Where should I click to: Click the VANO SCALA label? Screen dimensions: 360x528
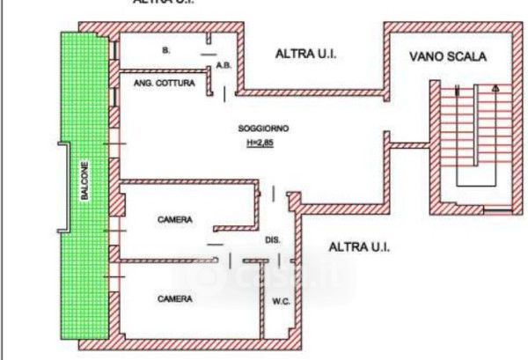coord(448,57)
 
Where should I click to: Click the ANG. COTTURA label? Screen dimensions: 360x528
coord(160,83)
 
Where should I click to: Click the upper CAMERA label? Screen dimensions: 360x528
coord(174,220)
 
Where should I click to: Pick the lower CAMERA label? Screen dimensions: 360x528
coord(174,299)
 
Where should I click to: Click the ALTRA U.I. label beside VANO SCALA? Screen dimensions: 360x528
coord(306,54)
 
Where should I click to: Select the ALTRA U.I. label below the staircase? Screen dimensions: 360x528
coord(359,247)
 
